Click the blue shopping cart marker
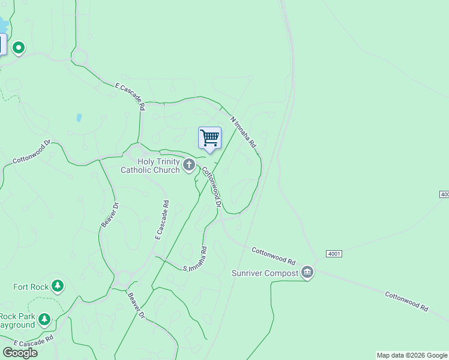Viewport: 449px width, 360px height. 209,138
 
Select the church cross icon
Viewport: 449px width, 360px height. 189,165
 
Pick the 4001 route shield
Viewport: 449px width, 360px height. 334,254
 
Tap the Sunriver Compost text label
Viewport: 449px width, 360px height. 265,274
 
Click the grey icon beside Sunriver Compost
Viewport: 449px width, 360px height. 307,273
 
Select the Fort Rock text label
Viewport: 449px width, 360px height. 31,287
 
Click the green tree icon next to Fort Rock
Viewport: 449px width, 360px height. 58,286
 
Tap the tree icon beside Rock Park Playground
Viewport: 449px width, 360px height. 44,320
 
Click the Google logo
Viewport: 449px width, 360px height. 19,353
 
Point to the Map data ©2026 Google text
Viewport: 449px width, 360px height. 412,355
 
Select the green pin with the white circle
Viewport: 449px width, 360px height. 19,47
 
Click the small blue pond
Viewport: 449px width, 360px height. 79,118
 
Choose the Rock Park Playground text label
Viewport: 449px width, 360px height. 17,321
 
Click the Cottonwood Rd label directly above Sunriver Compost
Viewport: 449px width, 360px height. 273,257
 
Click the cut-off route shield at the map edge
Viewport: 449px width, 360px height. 445,194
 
